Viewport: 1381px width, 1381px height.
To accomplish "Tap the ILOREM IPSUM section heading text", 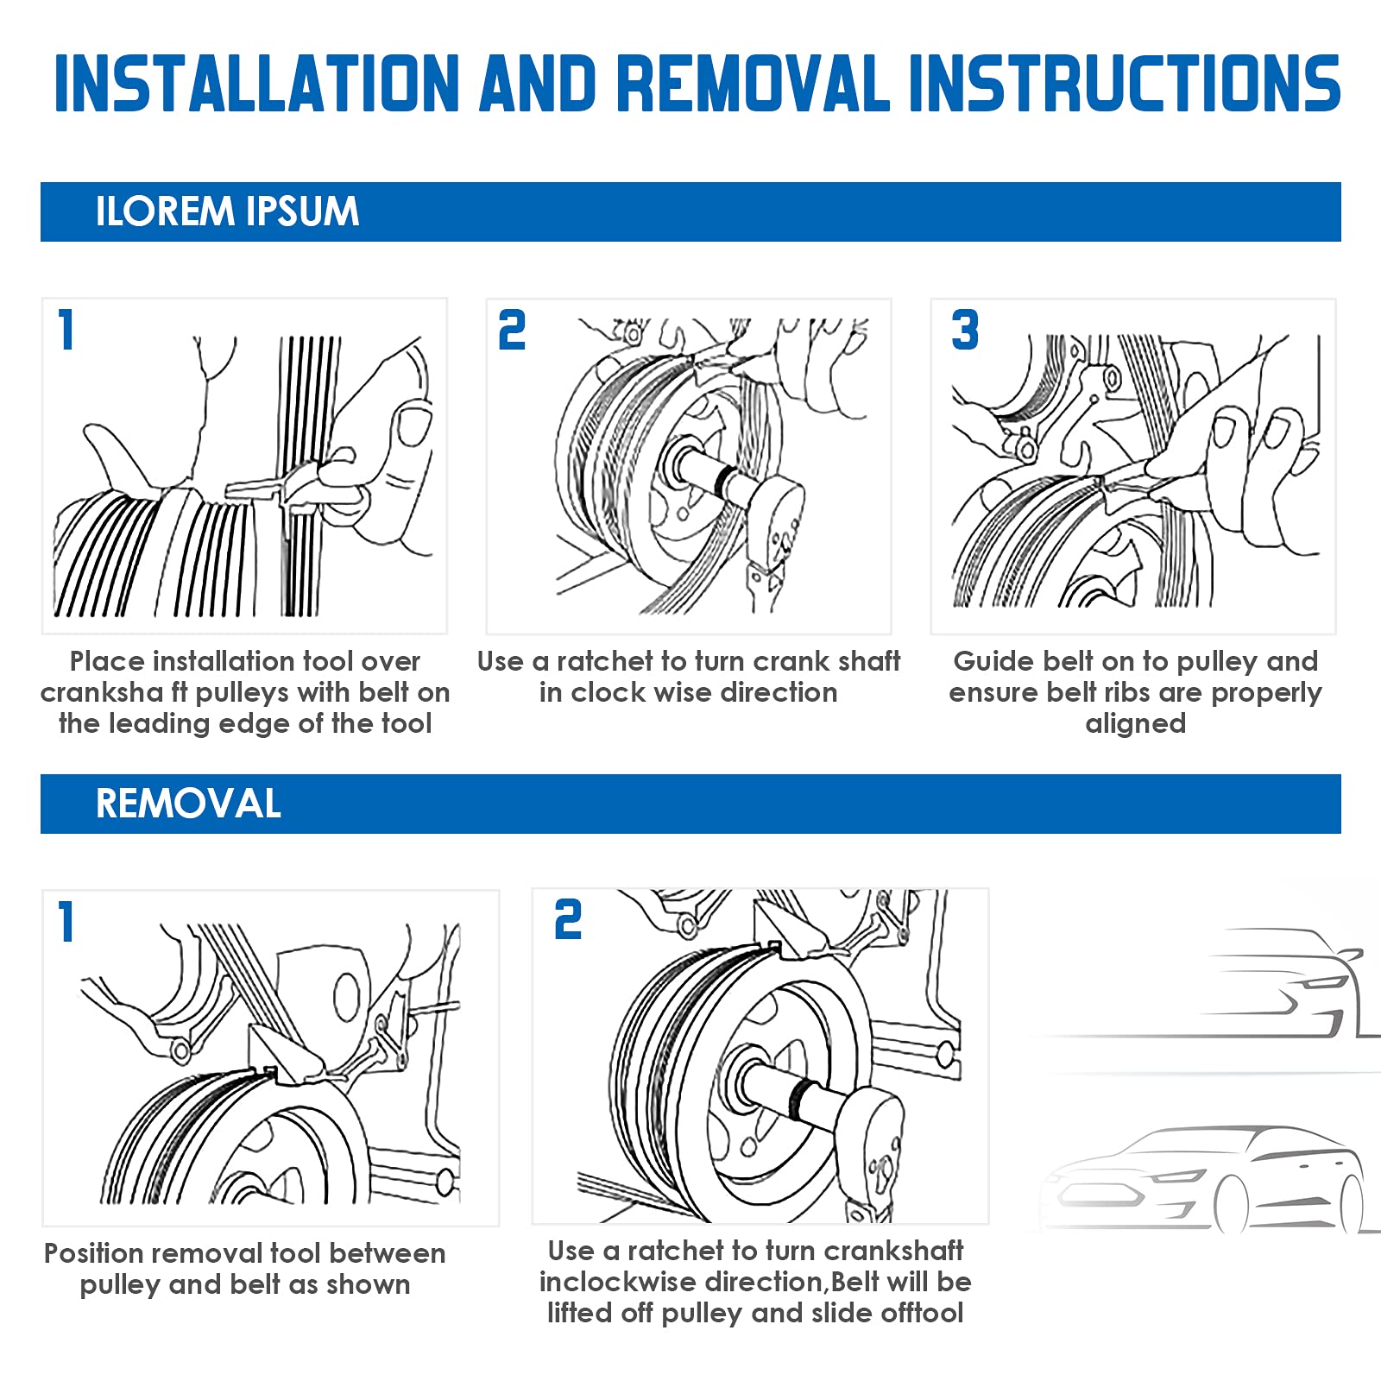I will pos(227,211).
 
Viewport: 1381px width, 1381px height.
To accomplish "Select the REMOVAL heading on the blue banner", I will pos(188,804).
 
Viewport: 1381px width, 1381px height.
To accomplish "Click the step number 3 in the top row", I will pos(965,331).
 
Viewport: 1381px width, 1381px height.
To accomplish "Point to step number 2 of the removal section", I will pos(568,920).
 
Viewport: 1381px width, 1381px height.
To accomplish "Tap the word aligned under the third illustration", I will pos(1135,723).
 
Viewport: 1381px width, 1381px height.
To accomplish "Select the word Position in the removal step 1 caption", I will pos(94,1253).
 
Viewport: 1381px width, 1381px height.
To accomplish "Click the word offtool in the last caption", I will pos(922,1313).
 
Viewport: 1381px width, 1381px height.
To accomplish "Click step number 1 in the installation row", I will pos(66,331).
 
